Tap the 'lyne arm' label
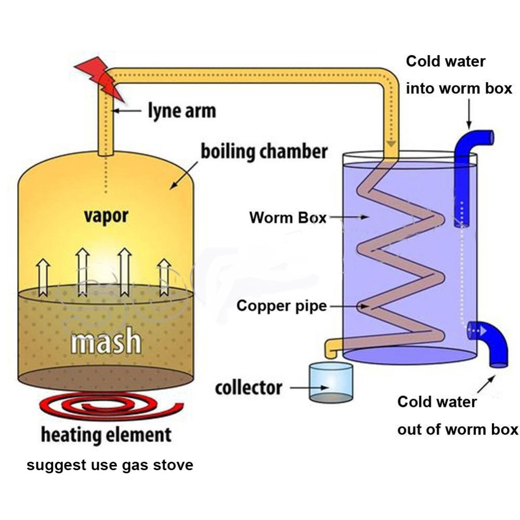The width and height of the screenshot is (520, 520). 181,110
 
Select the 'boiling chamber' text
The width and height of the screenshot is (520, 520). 264,151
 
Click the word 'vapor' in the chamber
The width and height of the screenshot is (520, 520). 106,216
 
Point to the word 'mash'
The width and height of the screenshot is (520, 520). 106,341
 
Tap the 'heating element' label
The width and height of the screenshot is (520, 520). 106,434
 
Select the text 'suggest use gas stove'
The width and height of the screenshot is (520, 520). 110,465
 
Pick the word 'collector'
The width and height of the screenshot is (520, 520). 249,388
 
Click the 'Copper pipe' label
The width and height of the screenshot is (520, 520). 281,306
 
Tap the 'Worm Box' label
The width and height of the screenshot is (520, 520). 288,218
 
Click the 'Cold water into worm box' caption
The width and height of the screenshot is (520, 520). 459,75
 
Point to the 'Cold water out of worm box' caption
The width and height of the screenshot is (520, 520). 458,415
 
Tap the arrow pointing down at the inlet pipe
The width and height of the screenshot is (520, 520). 469,114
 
